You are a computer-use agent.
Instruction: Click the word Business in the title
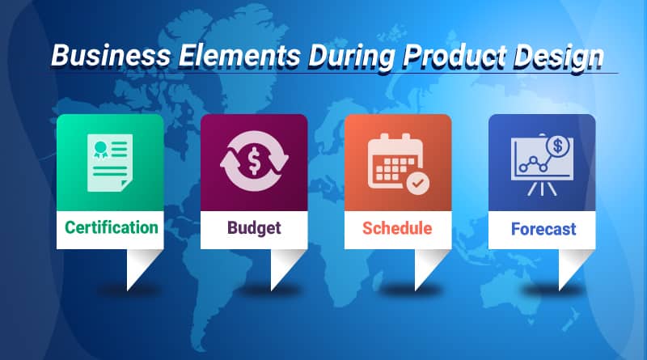click(111, 55)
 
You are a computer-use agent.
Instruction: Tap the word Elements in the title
click(239, 55)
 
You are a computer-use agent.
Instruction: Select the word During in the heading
click(352, 57)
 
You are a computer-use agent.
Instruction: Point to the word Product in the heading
click(455, 55)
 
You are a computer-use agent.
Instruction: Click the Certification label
click(112, 227)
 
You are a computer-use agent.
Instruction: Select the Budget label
click(254, 228)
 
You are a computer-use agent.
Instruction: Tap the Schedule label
click(397, 228)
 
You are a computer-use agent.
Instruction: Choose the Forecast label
click(543, 229)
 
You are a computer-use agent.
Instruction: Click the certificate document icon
click(110, 163)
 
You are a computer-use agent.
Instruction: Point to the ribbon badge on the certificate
click(100, 150)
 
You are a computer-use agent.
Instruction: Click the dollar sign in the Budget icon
click(254, 162)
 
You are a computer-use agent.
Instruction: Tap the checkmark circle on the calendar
click(418, 183)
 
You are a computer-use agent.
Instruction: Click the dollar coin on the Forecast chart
click(558, 146)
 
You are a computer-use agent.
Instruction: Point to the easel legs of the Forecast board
click(542, 188)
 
